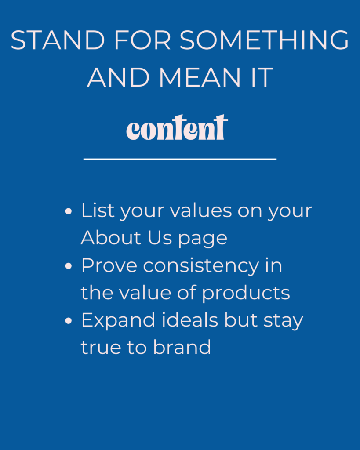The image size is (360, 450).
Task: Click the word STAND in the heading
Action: click(x=58, y=40)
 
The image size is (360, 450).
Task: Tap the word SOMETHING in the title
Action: click(x=264, y=40)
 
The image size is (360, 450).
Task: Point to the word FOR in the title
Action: click(x=142, y=40)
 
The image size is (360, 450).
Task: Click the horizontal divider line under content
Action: click(x=180, y=159)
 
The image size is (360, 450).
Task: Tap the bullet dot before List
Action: click(x=68, y=211)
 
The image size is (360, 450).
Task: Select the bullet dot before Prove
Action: click(x=68, y=266)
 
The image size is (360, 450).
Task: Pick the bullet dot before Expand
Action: click(x=68, y=320)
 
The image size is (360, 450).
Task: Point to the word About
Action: click(x=111, y=238)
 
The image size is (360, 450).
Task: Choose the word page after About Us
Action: click(x=203, y=240)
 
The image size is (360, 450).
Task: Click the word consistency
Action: click(x=201, y=267)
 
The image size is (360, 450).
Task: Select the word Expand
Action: click(x=118, y=321)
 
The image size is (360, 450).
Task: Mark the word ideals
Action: click(x=190, y=320)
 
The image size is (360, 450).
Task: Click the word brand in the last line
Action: click(x=182, y=347)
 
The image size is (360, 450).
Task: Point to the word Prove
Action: click(x=109, y=265)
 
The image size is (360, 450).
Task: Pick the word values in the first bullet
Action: click(x=201, y=210)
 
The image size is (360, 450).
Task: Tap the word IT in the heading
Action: click(x=262, y=77)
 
